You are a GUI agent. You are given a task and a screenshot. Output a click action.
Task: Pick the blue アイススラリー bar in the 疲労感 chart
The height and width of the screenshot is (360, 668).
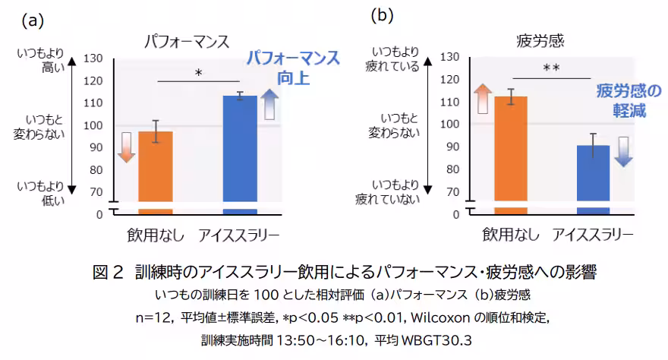coord(593,175)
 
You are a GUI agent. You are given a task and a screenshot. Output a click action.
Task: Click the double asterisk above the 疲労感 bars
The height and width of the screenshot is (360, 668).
coord(551,68)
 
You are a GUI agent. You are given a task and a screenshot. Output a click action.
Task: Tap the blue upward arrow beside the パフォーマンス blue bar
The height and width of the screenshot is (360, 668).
coord(270,104)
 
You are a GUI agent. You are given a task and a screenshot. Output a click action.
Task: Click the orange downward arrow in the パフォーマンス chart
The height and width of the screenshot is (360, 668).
coord(127,146)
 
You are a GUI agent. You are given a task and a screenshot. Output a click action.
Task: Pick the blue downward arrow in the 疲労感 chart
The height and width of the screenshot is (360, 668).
coord(623,151)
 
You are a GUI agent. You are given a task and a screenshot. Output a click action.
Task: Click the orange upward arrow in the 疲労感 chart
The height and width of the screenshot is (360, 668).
coord(481,99)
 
